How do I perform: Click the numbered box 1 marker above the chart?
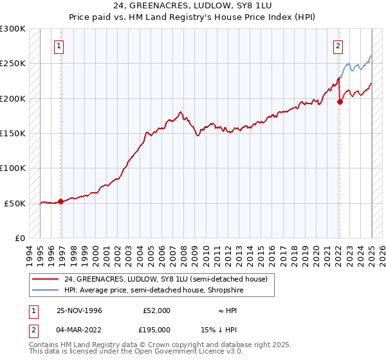coord(59,46)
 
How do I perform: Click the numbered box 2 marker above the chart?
coord(338,46)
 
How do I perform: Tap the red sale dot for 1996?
coord(61,201)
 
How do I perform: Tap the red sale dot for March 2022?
coord(340,102)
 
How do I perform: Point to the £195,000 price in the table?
coord(156,329)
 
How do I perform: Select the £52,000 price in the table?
coord(156,310)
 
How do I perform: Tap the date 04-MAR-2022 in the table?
coord(79,329)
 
